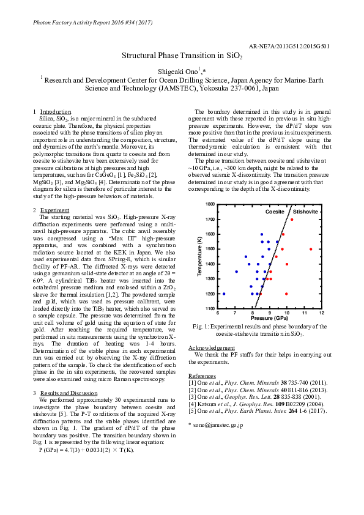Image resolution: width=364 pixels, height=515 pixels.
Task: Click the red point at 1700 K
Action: pyautogui.click(x=292, y=220)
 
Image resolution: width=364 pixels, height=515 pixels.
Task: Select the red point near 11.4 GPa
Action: pyautogui.click(x=311, y=249)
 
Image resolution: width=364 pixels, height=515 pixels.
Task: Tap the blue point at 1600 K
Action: pyautogui.click(x=262, y=234)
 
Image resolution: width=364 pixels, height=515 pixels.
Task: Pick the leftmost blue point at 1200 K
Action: pyautogui.click(x=224, y=294)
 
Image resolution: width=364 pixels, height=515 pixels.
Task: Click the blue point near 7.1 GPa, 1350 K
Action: pyautogui.click(x=236, y=272)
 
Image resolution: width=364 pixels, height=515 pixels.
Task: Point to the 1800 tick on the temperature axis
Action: pyautogui.click(x=210, y=204)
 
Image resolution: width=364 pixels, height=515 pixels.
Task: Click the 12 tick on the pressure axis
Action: pyautogui.click(x=322, y=313)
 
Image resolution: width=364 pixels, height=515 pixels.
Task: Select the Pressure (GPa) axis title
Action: pyautogui.click(x=270, y=319)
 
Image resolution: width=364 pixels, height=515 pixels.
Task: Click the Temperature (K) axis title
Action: pyautogui.click(x=200, y=257)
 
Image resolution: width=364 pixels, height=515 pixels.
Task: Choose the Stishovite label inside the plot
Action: pyautogui.click(x=305, y=211)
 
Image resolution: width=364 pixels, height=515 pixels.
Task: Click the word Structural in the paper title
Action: pyautogui.click(x=141, y=55)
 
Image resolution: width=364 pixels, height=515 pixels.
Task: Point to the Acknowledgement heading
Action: pyautogui.click(x=211, y=347)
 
